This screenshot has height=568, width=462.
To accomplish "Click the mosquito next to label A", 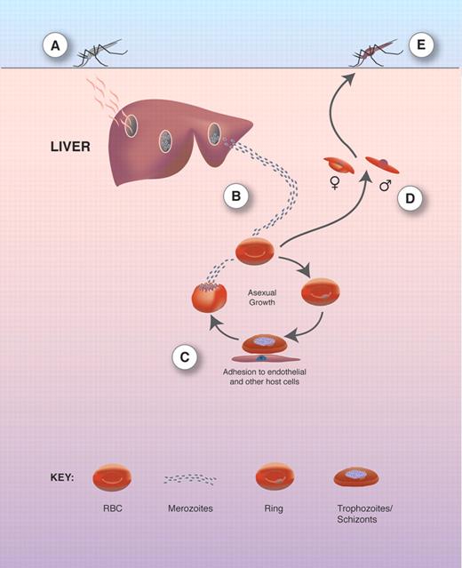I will (100, 55).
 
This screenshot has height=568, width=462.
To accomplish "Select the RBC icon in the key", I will (115, 477).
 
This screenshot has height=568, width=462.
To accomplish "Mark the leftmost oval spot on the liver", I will (131, 125).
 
